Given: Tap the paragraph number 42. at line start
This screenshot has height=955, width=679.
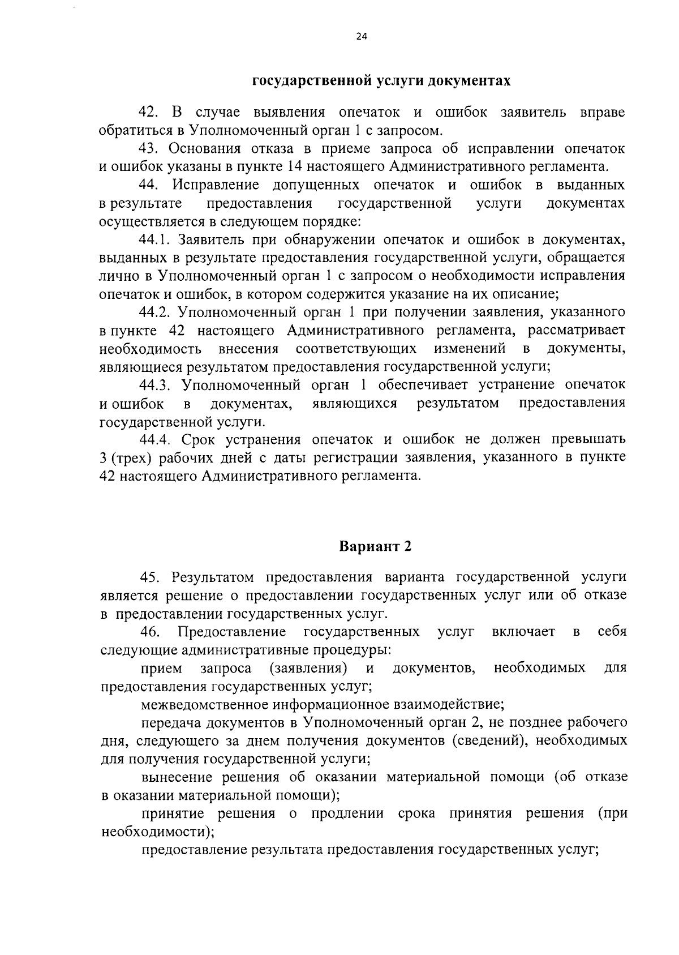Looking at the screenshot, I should tap(149, 112).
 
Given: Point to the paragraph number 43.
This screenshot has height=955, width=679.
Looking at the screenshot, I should tap(151, 148).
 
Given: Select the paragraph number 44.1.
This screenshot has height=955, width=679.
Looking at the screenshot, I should tap(155, 239).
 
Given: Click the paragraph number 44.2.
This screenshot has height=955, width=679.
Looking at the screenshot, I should tap(155, 312).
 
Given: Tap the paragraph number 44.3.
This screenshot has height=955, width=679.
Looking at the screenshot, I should tap(155, 385).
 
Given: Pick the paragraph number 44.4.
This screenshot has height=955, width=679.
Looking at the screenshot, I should tap(155, 439).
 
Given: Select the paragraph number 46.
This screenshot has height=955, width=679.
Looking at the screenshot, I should tap(151, 631).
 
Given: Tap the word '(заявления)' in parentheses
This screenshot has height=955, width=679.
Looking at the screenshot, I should tap(308, 668).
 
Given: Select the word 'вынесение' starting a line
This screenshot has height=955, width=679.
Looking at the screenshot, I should tap(177, 777).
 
